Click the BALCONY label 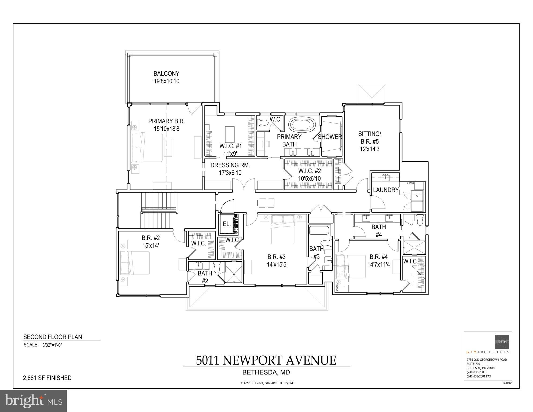point(166,74)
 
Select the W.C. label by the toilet point(275,119)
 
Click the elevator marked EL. point(227,224)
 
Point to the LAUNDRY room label point(386,190)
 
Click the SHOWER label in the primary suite point(330,137)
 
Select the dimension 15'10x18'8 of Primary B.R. point(166,129)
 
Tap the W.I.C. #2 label point(310,171)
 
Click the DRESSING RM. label point(230,165)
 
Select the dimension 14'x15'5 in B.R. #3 point(276,265)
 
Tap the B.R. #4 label point(378,257)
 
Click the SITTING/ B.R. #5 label point(370,137)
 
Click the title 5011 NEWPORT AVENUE point(266,360)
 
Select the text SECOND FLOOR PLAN point(53,337)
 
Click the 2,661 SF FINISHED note point(47,378)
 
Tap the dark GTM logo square point(502,342)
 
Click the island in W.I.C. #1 point(230,134)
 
